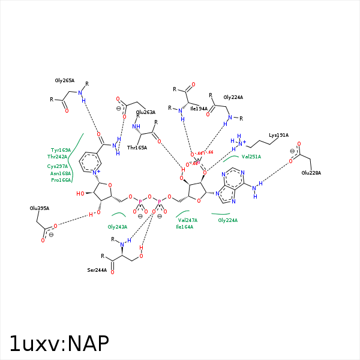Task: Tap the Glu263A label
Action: click(x=146, y=112)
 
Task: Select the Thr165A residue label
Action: click(x=137, y=148)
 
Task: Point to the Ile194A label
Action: click(x=199, y=109)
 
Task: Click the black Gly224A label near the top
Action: click(x=233, y=97)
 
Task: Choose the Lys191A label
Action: click(x=278, y=135)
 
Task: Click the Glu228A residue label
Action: click(x=311, y=173)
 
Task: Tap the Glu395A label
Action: click(x=40, y=208)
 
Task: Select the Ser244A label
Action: click(x=97, y=271)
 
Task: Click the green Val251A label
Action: click(x=251, y=157)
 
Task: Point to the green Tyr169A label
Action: click(x=61, y=150)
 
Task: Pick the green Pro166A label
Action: click(x=61, y=180)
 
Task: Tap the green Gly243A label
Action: click(x=117, y=227)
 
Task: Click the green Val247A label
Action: click(x=187, y=220)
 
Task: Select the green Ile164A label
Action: click(x=185, y=227)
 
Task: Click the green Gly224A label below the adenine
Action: click(x=227, y=220)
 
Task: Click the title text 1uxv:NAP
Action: click(x=59, y=343)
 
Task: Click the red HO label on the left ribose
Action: click(x=80, y=194)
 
